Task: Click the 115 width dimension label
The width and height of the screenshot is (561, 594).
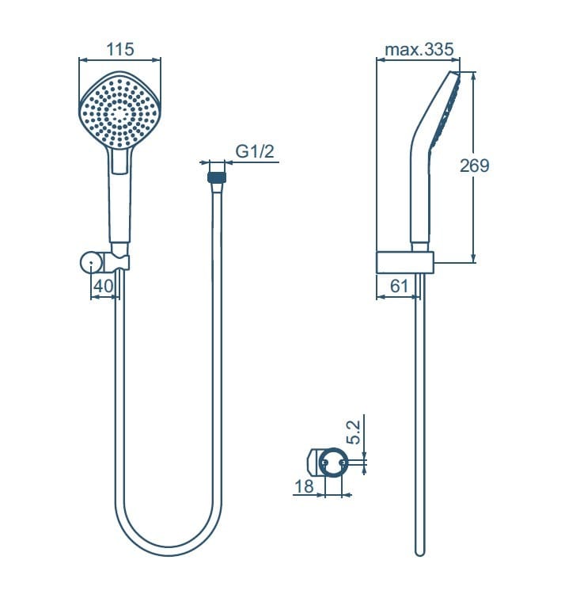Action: click(120, 49)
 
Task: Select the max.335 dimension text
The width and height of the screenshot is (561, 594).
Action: click(419, 50)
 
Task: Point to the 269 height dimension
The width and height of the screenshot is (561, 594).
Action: click(475, 166)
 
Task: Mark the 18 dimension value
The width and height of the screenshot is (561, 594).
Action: click(304, 486)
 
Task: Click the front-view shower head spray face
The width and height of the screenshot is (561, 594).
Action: click(120, 111)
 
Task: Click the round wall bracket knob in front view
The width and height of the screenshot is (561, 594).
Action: click(89, 261)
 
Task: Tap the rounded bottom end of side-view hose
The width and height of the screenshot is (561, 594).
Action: click(420, 550)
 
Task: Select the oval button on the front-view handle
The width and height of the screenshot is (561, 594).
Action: click(120, 162)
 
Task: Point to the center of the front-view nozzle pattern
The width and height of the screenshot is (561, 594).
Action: click(120, 111)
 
